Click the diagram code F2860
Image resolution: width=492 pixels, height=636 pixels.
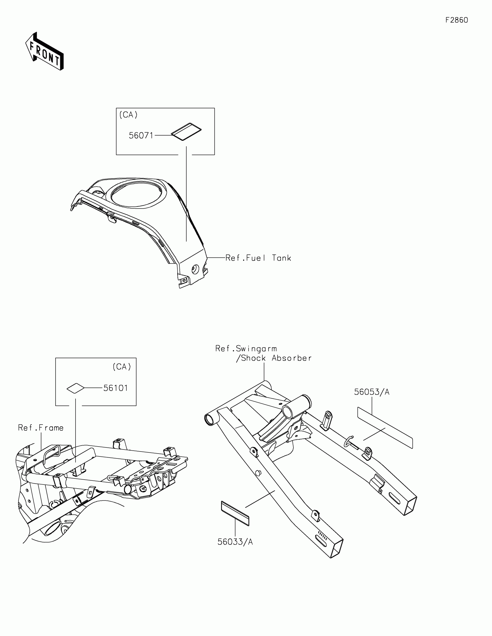[x=456, y=20]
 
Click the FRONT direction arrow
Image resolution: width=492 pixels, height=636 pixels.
[x=45, y=51]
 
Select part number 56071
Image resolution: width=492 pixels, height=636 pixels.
[x=141, y=136]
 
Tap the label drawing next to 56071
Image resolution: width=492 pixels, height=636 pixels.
[x=186, y=131]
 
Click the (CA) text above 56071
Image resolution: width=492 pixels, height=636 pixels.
[x=128, y=115]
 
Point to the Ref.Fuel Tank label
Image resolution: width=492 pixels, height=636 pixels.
[x=258, y=258]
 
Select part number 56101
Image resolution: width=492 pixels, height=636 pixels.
[x=115, y=388]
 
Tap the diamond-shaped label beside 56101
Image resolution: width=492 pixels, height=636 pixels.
[x=75, y=388]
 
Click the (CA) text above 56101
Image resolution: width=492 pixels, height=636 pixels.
[x=122, y=367]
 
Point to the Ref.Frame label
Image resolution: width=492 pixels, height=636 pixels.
[x=41, y=428]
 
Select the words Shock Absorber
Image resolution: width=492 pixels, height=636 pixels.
[x=276, y=358]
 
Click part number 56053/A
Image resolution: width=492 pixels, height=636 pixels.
[x=372, y=392]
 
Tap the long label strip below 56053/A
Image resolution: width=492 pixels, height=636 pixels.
[x=385, y=428]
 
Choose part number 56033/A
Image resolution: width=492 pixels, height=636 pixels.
[x=235, y=542]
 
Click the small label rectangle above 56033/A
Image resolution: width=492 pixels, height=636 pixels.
[x=235, y=513]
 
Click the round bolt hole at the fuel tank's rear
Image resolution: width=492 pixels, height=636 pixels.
[x=195, y=269]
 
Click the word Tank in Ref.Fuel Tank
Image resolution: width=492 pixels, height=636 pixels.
[x=281, y=258]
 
